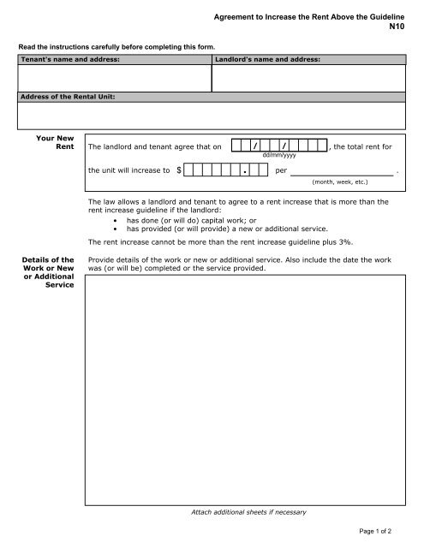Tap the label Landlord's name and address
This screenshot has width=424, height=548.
(x=267, y=60)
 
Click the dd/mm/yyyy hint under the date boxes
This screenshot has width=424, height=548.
(x=279, y=156)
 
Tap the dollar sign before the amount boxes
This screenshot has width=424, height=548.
(x=178, y=171)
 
